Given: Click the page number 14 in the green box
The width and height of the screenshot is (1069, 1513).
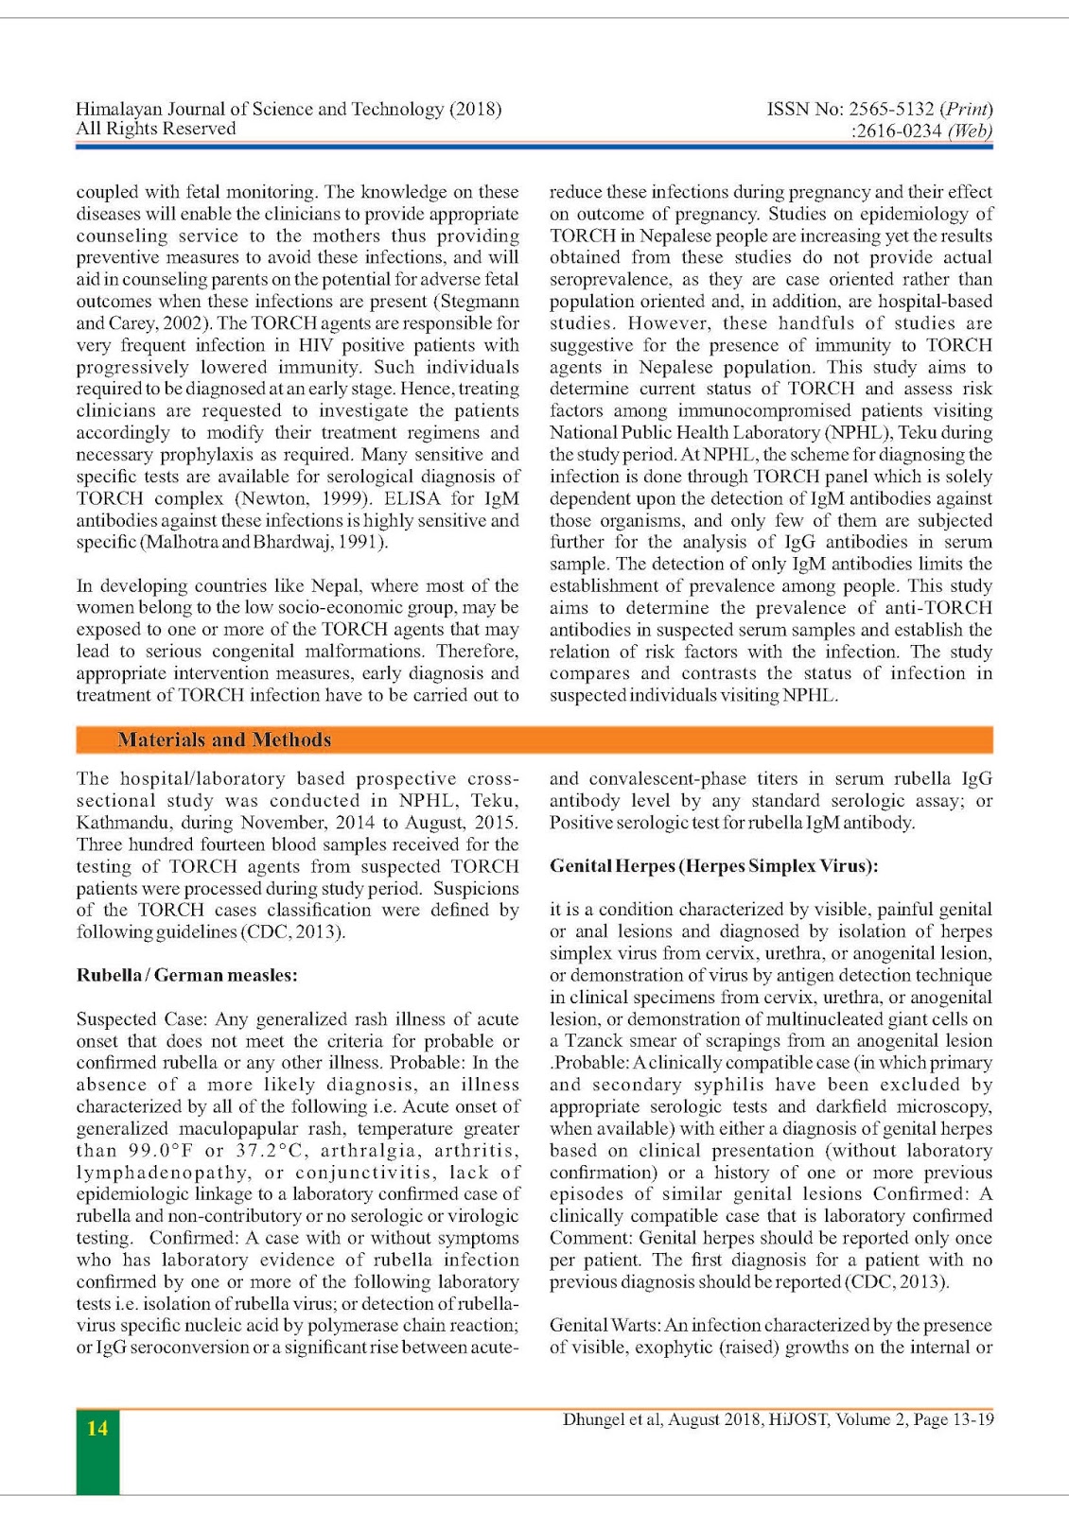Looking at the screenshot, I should click(x=97, y=1428).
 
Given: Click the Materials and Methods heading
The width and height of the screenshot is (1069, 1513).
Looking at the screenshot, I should click(x=223, y=739).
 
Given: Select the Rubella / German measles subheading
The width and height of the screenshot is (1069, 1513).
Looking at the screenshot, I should click(x=186, y=975).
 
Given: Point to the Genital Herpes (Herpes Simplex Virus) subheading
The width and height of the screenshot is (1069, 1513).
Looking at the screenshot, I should click(x=713, y=866).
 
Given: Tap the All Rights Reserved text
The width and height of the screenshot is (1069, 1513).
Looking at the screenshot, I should click(x=155, y=129).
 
